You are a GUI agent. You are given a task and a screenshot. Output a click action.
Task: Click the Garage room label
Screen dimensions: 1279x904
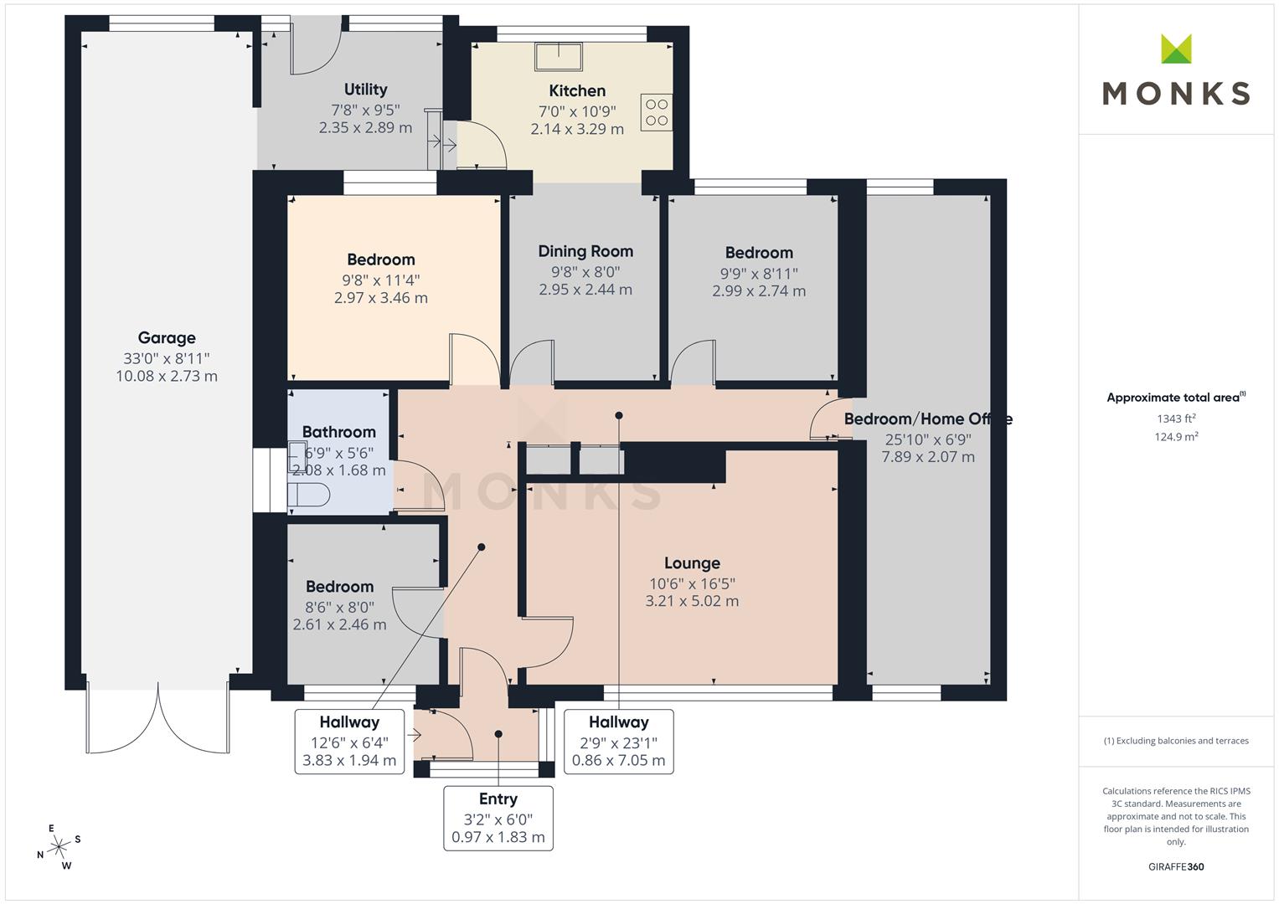167,338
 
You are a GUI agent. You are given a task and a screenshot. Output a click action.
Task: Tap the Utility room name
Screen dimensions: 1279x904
365,90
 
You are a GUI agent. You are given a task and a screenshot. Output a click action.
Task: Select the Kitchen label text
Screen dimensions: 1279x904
577,90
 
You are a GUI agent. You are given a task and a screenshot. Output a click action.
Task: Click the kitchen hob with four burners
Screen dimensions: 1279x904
657,112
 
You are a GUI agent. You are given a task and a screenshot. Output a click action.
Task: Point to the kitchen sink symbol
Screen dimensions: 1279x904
559,57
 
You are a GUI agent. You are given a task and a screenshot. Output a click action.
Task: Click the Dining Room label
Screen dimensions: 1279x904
585,252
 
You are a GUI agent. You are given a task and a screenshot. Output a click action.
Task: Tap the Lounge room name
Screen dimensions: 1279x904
692,563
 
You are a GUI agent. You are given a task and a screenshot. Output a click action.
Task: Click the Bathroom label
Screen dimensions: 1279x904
339,432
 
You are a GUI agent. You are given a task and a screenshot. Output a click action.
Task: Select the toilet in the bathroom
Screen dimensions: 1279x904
308,495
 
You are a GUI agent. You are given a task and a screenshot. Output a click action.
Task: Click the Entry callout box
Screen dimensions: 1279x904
498,819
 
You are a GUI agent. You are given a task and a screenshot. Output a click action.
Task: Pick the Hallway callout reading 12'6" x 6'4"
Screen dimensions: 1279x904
349,742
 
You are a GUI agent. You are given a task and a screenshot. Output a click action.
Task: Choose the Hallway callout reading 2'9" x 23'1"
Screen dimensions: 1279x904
619,742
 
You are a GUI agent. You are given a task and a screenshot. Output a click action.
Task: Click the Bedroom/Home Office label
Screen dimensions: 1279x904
928,419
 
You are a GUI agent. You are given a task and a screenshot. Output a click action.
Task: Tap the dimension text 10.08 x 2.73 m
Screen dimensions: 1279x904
167,376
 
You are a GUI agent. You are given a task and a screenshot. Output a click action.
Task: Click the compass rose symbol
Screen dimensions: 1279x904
59,847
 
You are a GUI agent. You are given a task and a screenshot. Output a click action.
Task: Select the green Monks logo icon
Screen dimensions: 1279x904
1176,49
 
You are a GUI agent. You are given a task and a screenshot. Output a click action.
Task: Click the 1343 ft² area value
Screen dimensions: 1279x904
1176,419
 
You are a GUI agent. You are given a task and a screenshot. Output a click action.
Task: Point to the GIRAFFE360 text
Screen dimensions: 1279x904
1176,867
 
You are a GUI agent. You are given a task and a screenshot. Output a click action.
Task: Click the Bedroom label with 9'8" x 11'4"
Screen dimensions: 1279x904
381,259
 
